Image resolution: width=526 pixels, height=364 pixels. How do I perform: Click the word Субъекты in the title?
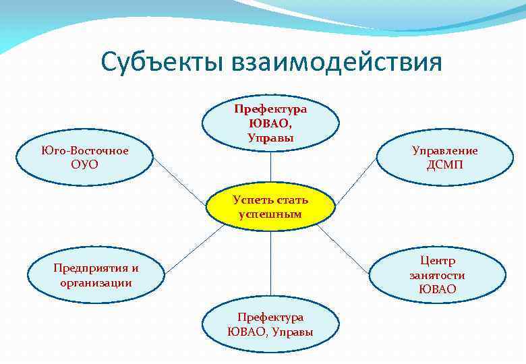163,62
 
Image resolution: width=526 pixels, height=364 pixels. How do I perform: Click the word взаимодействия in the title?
337,62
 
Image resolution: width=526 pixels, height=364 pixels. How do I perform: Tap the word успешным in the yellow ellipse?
270,214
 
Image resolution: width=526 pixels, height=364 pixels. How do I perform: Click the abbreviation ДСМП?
444,164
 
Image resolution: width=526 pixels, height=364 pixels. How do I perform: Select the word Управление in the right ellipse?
444,151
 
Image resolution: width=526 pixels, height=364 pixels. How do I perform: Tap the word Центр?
437,260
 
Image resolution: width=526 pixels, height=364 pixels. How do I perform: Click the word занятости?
437,275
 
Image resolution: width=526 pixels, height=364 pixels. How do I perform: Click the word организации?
95,282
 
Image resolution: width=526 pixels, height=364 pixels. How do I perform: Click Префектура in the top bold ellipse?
270,109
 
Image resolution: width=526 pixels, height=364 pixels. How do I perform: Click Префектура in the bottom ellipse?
270,317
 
